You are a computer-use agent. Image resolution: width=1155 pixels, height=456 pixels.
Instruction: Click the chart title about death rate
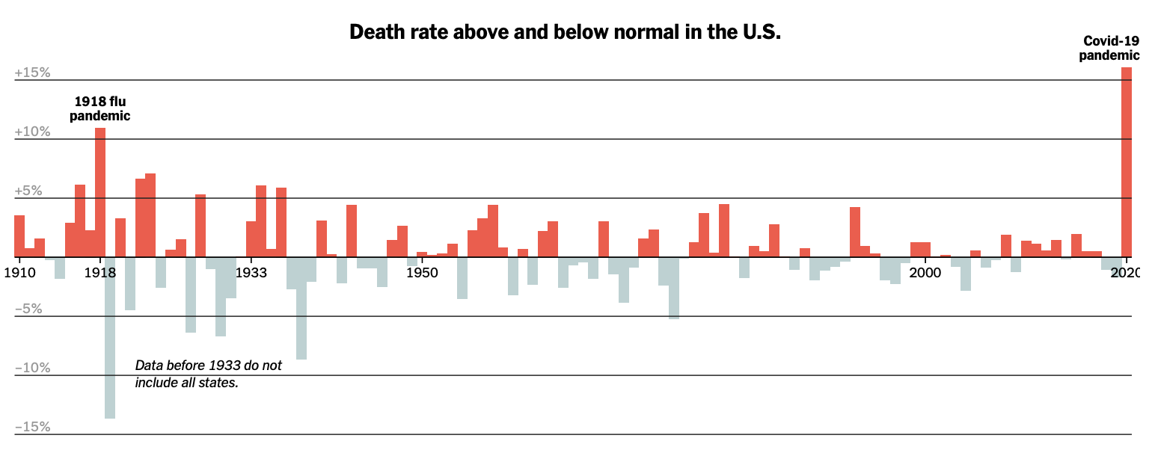coord(565,32)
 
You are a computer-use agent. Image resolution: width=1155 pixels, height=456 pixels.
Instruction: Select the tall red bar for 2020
coord(1126,162)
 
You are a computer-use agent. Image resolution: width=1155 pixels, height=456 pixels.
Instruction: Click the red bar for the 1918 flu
coord(100,192)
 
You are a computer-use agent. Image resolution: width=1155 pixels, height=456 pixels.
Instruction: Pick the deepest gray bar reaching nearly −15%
coord(110,337)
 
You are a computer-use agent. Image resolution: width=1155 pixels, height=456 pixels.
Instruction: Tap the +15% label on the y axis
coord(32,73)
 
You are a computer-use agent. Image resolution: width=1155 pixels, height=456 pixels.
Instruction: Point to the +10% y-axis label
coord(32,132)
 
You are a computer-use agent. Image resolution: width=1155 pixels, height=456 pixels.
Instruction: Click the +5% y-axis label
coord(28,191)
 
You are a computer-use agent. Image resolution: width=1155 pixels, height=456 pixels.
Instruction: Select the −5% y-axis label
coord(28,309)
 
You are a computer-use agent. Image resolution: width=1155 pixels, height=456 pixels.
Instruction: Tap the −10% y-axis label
coord(32,368)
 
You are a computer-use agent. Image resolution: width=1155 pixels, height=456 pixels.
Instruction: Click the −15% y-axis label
coord(32,427)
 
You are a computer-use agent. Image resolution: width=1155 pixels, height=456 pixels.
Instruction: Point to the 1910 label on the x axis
coord(19,273)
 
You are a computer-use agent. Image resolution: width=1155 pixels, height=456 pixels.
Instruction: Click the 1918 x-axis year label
coord(99,273)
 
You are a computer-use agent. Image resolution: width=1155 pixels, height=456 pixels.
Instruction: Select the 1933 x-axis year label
coord(251,273)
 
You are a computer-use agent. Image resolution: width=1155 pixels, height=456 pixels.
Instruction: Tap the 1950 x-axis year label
coord(422,273)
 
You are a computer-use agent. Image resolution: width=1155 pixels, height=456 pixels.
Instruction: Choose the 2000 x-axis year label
coord(925,273)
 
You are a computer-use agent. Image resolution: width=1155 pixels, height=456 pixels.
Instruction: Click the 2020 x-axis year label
coord(1125,273)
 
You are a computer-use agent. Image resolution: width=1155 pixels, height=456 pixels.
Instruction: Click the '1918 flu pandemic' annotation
coord(99,108)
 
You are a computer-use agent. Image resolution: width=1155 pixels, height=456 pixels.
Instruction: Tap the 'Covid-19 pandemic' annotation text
coord(1109,48)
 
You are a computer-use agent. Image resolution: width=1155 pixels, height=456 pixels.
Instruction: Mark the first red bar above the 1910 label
coord(19,236)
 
